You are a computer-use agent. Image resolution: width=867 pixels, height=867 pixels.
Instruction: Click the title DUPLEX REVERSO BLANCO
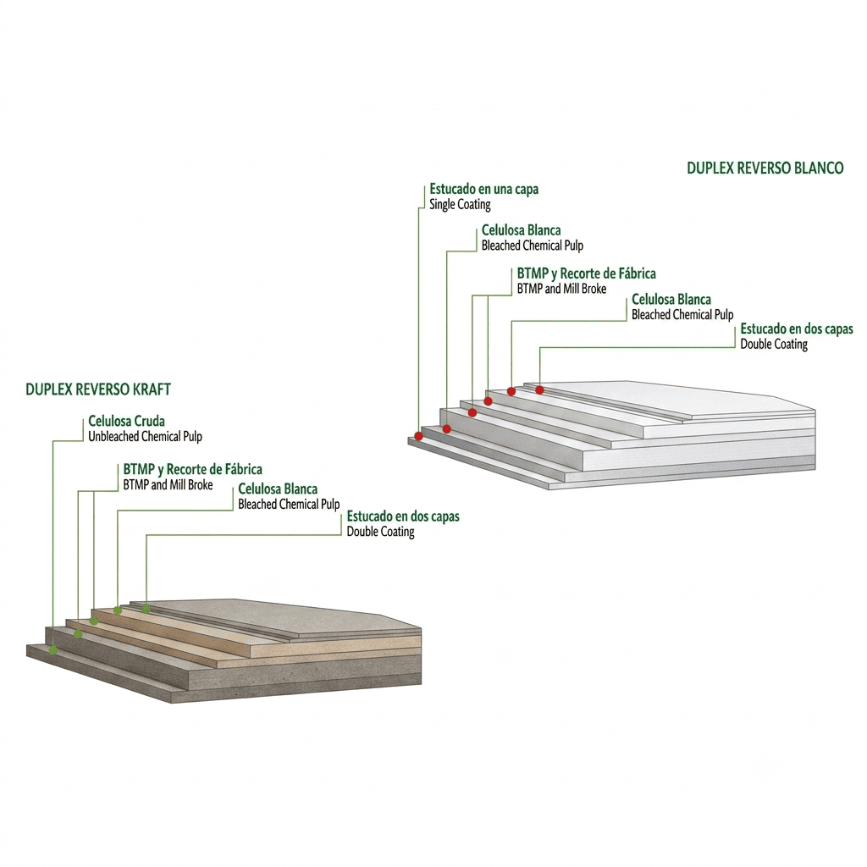coord(765,168)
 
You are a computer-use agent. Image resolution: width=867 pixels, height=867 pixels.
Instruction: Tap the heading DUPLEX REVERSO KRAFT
coord(98,389)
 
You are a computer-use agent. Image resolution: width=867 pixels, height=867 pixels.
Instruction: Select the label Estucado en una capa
coord(483,189)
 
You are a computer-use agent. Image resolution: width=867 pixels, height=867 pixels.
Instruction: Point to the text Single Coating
coord(460,205)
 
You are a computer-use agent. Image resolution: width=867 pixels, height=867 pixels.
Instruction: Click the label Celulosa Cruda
coord(127,422)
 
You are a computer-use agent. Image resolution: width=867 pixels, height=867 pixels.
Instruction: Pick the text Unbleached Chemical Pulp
coord(146,437)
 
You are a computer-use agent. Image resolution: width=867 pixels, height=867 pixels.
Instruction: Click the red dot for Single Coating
coord(418,436)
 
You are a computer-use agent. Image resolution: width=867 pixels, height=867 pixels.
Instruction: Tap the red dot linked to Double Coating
coord(539,390)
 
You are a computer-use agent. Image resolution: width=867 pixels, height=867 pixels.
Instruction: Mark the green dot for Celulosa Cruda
coord(53,650)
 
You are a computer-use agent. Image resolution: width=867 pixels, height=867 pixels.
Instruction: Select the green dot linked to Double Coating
coord(146,609)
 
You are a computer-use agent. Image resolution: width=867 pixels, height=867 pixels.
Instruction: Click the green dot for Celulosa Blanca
coord(118,611)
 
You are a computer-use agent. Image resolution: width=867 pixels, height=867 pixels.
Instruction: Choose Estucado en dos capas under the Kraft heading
coord(403,516)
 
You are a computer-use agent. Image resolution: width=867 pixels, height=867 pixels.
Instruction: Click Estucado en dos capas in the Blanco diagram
coord(797,329)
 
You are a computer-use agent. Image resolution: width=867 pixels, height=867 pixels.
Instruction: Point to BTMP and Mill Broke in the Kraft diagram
coord(168,485)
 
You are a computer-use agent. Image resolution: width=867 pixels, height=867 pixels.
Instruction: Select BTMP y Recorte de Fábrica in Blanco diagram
coord(587,273)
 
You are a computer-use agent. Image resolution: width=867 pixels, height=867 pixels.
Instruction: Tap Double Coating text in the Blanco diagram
coord(774,345)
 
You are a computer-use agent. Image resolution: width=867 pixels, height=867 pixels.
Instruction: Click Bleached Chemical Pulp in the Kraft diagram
coord(290,505)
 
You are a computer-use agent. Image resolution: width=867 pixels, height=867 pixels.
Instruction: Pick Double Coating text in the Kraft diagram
coord(380,532)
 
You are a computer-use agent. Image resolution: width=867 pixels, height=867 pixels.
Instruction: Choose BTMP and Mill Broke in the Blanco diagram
coord(562,289)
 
